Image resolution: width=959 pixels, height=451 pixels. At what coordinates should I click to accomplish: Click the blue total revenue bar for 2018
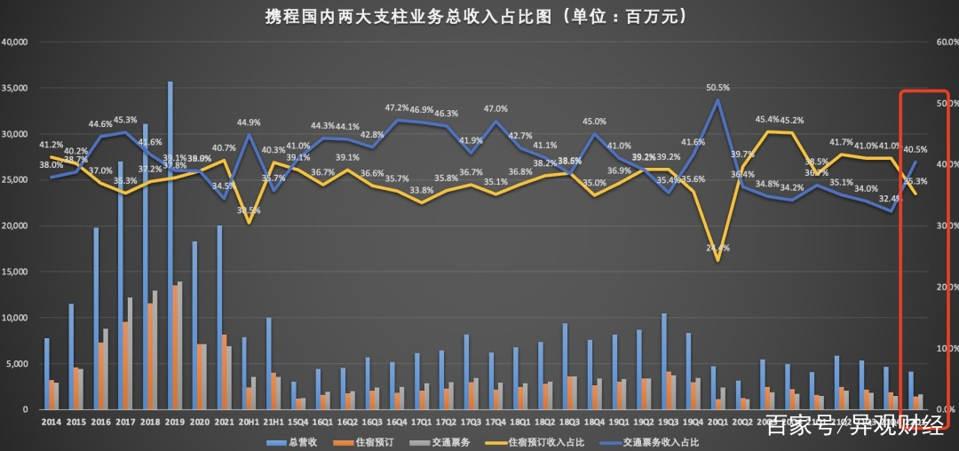pyautogui.click(x=146, y=266)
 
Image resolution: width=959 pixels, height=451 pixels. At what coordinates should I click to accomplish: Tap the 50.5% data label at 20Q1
pyautogui.click(x=717, y=88)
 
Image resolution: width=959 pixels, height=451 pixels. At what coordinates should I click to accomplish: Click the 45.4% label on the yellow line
pyautogui.click(x=767, y=119)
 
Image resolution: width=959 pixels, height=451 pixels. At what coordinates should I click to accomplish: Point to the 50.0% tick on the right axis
pyautogui.click(x=943, y=103)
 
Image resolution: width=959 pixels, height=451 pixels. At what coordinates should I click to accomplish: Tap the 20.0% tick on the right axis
pyautogui.click(x=943, y=287)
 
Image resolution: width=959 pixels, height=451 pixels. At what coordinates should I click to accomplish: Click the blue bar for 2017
pyautogui.click(x=121, y=284)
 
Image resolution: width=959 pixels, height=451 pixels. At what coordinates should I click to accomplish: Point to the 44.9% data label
pyautogui.click(x=249, y=123)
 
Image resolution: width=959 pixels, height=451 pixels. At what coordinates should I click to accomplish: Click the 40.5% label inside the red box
pyautogui.click(x=915, y=150)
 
